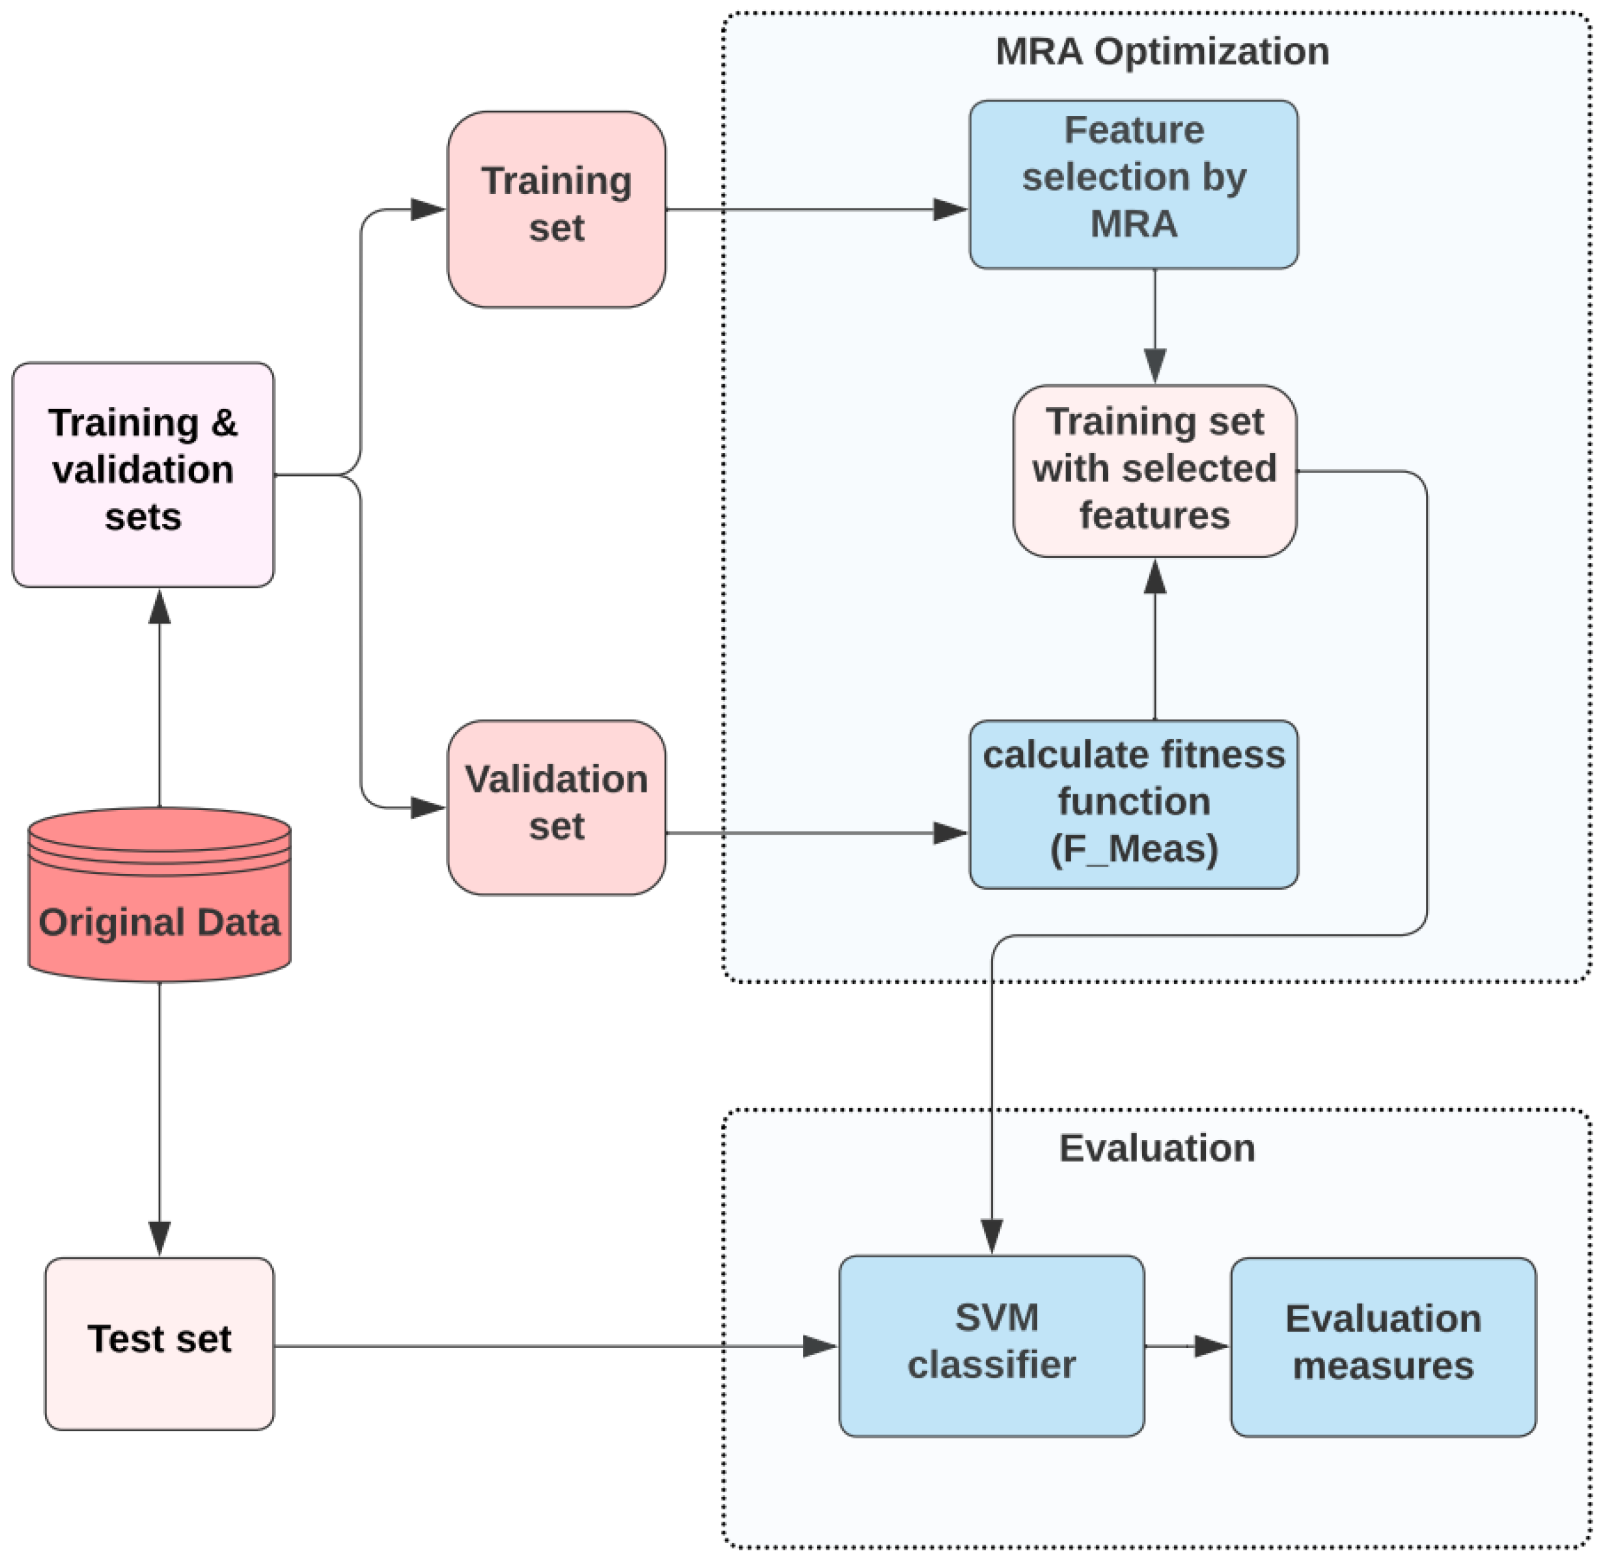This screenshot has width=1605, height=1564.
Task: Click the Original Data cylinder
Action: tap(160, 895)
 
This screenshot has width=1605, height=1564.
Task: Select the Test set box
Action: tap(160, 1345)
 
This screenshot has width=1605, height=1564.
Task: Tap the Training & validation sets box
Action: tap(143, 474)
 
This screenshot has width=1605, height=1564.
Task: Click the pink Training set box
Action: tap(556, 210)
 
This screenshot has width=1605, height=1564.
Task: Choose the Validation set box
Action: tap(556, 807)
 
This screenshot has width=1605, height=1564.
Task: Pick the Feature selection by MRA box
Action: tap(1133, 184)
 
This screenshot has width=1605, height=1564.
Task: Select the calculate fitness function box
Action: tap(1133, 804)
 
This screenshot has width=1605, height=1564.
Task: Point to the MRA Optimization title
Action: tap(1162, 51)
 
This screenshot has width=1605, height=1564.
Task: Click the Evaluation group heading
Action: tap(1156, 1147)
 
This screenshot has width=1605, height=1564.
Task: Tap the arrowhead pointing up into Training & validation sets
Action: tap(160, 608)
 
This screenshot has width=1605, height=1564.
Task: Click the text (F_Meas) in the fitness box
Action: tap(1134, 848)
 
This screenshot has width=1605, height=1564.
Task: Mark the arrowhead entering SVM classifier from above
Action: tap(992, 1235)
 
